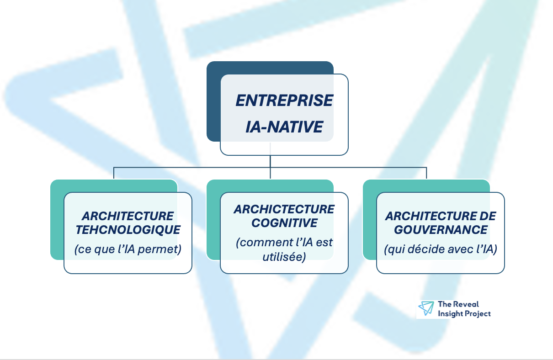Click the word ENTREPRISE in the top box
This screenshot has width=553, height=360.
point(284,101)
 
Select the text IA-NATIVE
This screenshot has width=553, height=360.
point(284,127)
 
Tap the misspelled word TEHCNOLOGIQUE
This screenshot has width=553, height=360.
point(128,229)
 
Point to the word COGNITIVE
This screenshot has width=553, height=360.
point(284,223)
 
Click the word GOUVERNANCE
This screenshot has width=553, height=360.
point(441,229)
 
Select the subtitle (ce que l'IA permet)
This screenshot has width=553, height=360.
point(128,250)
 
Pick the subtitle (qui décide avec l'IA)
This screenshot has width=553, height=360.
point(441,249)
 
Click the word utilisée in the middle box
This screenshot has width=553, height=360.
point(284,257)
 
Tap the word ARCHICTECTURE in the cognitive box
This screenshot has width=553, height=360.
point(284,209)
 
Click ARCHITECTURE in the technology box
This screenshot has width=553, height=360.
point(128,216)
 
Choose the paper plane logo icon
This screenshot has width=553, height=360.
point(426,308)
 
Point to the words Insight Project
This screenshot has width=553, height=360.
point(464,313)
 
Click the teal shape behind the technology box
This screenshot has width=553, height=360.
point(57,219)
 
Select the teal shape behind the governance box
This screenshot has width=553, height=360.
point(369,219)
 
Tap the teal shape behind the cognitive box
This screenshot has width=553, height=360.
point(213,219)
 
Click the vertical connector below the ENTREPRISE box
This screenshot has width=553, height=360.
point(270,162)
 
